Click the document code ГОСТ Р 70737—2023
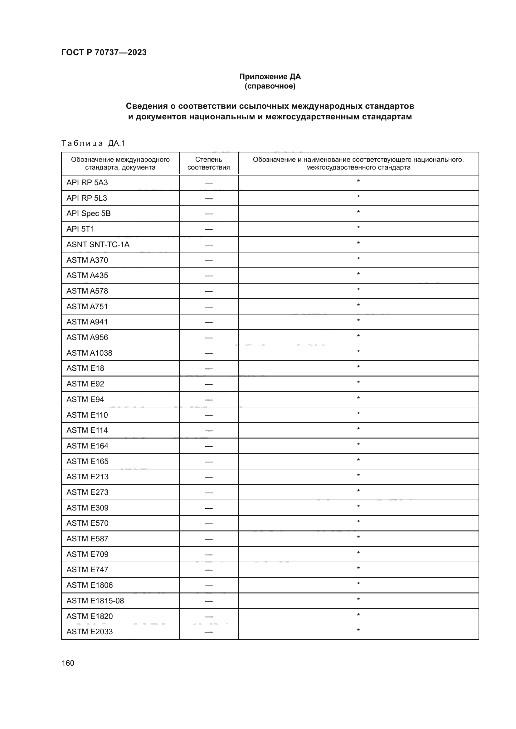(x=104, y=52)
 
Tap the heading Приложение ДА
(x=270, y=77)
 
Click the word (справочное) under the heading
(x=270, y=86)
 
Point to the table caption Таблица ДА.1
(x=93, y=143)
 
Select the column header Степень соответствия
(x=208, y=163)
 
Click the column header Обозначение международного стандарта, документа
(x=120, y=163)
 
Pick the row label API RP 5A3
(x=87, y=183)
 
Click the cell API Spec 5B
(x=88, y=213)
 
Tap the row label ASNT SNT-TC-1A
(x=98, y=244)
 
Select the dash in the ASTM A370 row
(x=208, y=260)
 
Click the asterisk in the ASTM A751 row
(x=358, y=306)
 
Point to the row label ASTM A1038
(x=89, y=353)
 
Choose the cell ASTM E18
(x=85, y=368)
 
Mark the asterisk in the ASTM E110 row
(x=358, y=414)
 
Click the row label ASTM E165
(x=87, y=461)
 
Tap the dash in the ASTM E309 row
(x=208, y=508)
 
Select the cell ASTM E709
(x=87, y=554)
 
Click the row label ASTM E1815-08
(x=95, y=601)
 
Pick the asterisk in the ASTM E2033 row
(x=358, y=631)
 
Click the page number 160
(x=68, y=663)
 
